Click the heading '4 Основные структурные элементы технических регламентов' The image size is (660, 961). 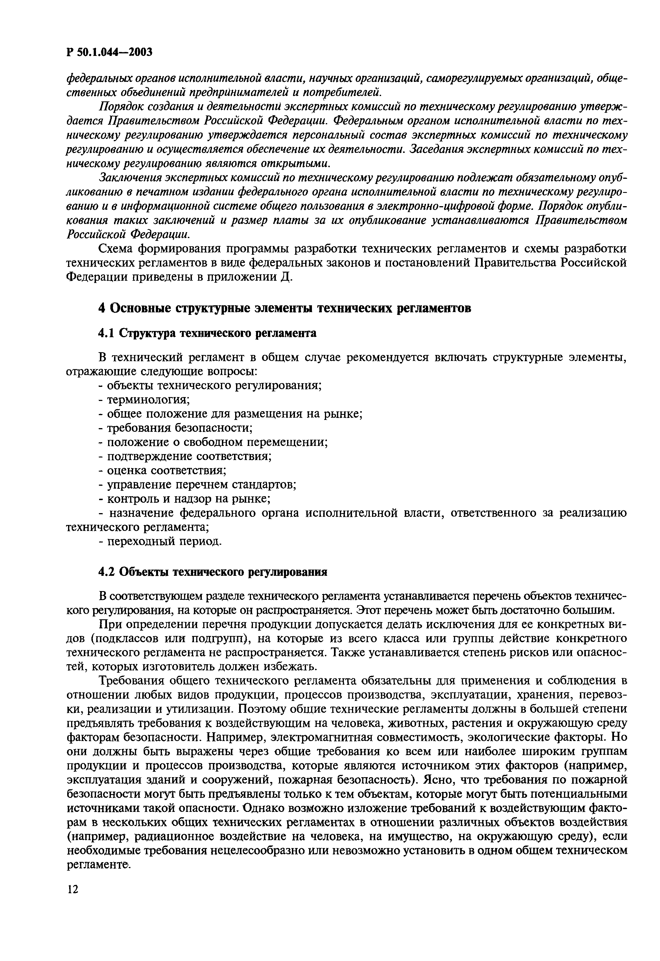tap(285, 309)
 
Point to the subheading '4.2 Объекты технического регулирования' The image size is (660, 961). tap(213, 572)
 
